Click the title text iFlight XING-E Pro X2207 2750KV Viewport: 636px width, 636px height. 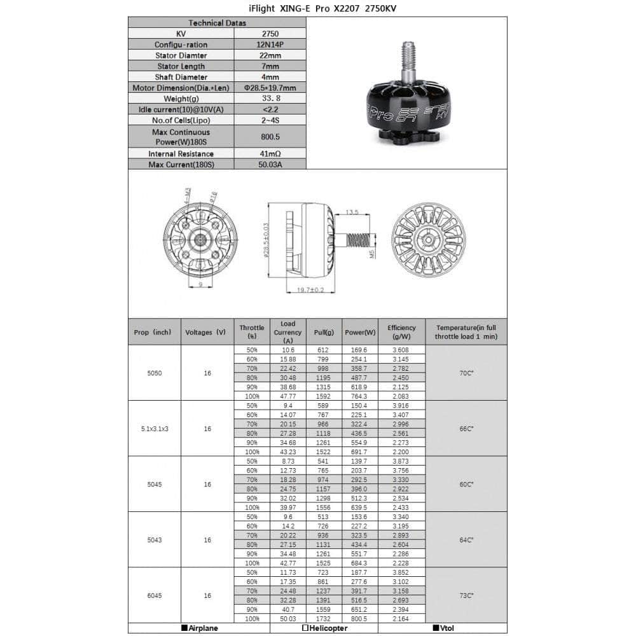(x=317, y=8)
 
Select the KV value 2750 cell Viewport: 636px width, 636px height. (x=270, y=34)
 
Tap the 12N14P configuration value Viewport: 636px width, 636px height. (x=270, y=45)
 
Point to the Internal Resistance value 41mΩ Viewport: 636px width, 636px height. (x=270, y=154)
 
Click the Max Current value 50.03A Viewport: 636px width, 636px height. (x=270, y=165)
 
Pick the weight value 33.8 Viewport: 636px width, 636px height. (x=270, y=99)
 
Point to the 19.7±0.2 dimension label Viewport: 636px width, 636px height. (x=310, y=290)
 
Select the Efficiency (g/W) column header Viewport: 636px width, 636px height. (x=401, y=332)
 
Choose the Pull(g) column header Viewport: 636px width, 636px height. (x=324, y=332)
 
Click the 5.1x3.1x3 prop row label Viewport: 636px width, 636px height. (x=154, y=429)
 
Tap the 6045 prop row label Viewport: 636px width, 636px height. (x=154, y=595)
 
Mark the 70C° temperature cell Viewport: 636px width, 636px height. (x=466, y=373)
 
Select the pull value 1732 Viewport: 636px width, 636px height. (x=324, y=619)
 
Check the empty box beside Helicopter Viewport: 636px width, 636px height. (x=305, y=628)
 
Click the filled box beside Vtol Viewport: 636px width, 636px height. (x=436, y=628)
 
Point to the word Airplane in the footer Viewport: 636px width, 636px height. (x=203, y=628)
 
